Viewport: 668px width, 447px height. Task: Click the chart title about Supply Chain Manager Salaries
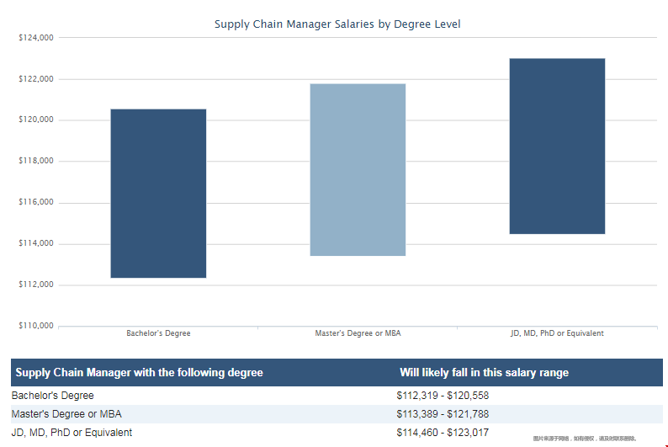point(337,24)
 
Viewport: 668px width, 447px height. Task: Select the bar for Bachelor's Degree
point(158,194)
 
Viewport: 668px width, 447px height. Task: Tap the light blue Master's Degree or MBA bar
point(358,170)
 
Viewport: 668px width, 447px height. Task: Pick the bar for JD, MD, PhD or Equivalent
point(557,146)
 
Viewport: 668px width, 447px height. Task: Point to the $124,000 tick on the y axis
point(36,38)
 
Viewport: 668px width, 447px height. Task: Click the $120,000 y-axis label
point(36,120)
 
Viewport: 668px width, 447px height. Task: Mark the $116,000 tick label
point(36,203)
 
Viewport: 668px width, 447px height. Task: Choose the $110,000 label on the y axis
point(36,326)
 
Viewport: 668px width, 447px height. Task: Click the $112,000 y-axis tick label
point(36,285)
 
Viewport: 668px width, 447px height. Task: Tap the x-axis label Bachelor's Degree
point(158,333)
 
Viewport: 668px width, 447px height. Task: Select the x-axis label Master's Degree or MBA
point(358,333)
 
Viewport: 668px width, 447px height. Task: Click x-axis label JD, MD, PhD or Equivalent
point(557,333)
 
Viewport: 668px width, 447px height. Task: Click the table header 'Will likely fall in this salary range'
point(484,373)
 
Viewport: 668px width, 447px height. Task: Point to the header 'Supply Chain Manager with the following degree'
point(139,373)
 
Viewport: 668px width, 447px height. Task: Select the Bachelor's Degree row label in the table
point(52,396)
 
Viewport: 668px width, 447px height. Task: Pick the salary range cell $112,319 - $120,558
point(443,396)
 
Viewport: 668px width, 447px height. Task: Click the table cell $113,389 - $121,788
point(443,414)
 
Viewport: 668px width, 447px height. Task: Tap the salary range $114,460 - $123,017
point(443,433)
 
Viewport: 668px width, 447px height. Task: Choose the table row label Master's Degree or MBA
point(66,414)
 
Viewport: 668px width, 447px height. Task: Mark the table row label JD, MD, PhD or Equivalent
point(72,433)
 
